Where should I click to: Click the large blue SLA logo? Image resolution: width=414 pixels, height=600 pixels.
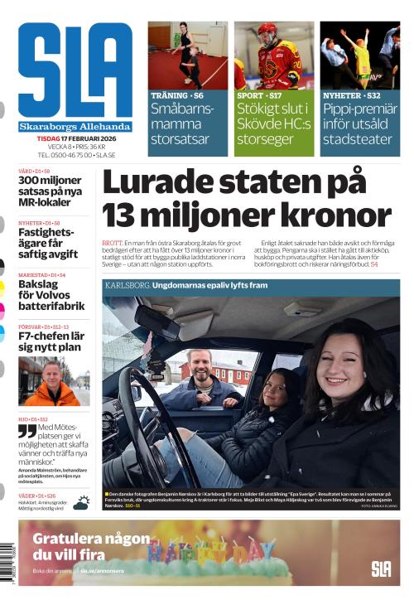75,70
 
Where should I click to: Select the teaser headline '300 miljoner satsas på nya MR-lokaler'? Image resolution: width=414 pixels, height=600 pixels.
51,191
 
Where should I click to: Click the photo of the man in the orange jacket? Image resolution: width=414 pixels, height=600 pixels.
52,383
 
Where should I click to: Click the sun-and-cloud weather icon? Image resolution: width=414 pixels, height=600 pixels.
81,502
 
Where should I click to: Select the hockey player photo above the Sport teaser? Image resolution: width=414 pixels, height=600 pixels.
274,56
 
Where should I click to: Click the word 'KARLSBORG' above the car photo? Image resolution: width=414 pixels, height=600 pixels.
128,285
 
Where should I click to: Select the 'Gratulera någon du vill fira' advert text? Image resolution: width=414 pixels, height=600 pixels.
83,545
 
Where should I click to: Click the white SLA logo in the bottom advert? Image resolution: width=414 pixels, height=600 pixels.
381,569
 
